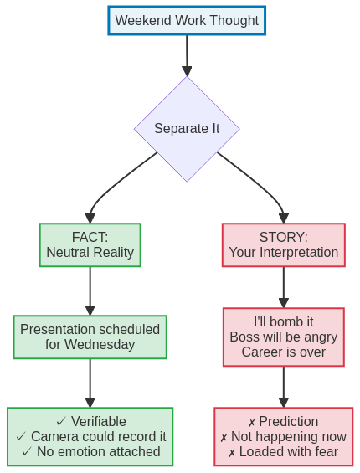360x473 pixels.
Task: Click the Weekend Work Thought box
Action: [x=187, y=21]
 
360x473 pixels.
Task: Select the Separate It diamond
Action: [x=187, y=129]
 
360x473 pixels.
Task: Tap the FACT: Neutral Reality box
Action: [x=90, y=244]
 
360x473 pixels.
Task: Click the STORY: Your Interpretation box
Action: [x=283, y=244]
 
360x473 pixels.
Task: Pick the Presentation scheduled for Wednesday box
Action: [x=90, y=337]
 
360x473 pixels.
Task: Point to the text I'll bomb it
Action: [x=283, y=321]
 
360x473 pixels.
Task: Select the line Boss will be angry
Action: [x=283, y=337]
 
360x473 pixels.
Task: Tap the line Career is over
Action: [x=283, y=352]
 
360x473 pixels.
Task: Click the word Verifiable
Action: [x=98, y=421]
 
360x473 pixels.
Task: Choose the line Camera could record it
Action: [x=98, y=436]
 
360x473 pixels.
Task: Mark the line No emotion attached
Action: [x=98, y=451]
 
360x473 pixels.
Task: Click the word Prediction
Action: [x=288, y=421]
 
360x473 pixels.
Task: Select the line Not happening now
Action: [x=288, y=436]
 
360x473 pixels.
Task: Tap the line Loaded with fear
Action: [x=288, y=451]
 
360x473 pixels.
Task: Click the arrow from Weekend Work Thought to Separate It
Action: [x=187, y=55]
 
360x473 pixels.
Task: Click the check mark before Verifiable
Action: [x=61, y=421]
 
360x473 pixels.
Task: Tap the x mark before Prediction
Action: [x=251, y=422]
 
